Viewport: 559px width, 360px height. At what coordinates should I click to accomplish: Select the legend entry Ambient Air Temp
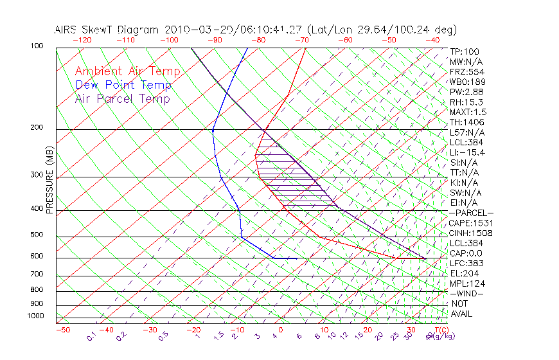pyautogui.click(x=127, y=71)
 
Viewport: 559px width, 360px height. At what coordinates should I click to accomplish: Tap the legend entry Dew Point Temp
pyautogui.click(x=123, y=85)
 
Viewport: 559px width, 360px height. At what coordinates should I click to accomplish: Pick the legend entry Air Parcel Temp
pyautogui.click(x=122, y=98)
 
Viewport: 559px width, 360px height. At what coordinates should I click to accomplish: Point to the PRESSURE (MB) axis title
pyautogui.click(x=49, y=179)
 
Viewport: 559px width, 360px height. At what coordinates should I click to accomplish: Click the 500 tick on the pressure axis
pyautogui.click(x=37, y=235)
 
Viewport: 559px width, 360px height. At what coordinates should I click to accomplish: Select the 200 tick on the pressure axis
pyautogui.click(x=37, y=127)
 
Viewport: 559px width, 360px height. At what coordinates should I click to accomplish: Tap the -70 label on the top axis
pyautogui.click(x=301, y=39)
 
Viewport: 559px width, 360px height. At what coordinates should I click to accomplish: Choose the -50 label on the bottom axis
pyautogui.click(x=62, y=330)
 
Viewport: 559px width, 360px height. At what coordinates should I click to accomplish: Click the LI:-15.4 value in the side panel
pyautogui.click(x=467, y=152)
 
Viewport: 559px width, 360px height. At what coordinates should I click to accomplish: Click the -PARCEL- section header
pyautogui.click(x=471, y=212)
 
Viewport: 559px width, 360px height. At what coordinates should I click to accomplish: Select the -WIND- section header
pyautogui.click(x=467, y=292)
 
